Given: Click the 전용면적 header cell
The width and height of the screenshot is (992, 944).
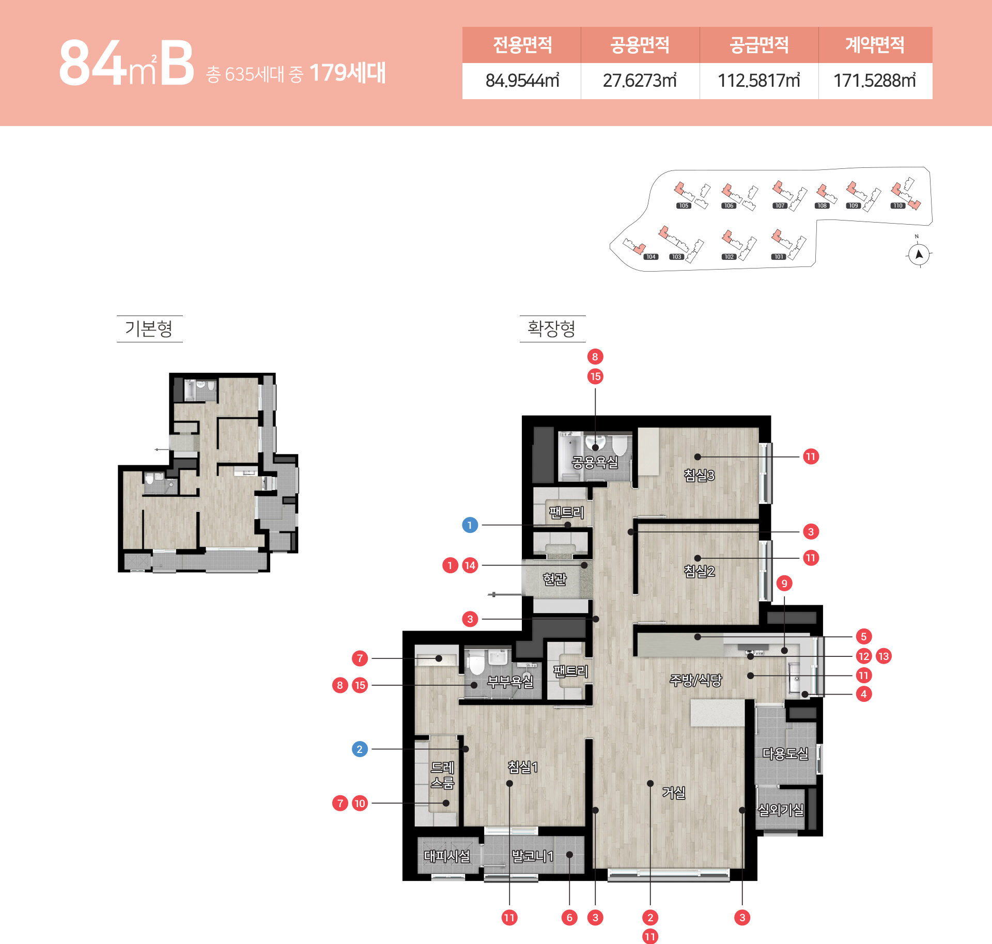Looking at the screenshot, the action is tap(522, 45).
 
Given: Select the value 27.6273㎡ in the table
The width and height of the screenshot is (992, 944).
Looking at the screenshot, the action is tap(640, 81).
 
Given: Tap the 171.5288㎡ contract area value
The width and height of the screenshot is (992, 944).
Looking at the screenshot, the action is tap(875, 81).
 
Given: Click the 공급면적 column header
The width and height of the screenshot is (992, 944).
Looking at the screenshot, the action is tap(759, 45).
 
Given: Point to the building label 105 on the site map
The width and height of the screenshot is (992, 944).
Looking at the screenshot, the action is tap(684, 206).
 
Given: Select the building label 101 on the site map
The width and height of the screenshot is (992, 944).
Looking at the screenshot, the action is tap(779, 257).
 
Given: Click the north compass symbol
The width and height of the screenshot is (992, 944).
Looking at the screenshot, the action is tap(919, 254).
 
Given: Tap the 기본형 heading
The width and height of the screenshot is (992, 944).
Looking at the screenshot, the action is tap(149, 328).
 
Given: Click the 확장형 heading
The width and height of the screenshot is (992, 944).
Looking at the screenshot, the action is tap(551, 328).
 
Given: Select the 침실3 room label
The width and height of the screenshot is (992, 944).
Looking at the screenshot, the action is tap(699, 475).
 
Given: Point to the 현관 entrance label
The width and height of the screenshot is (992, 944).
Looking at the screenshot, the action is tap(554, 579).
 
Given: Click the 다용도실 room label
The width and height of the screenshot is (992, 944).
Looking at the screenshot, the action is tap(785, 753).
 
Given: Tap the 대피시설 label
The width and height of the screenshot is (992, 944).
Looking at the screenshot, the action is tap(447, 856).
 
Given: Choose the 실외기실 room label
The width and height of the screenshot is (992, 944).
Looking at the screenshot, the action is tap(781, 810).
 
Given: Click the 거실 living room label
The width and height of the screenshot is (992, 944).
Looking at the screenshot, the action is tap(674, 792).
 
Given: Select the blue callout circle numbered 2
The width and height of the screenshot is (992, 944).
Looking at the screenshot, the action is tap(360, 749).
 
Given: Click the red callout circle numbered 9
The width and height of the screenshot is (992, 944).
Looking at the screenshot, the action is tap(784, 584).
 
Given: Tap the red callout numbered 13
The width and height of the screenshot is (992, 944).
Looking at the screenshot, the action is tap(884, 656).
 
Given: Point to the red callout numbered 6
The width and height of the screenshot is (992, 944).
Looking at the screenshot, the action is tap(569, 918).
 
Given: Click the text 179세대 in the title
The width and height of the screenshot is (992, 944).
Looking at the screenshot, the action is tap(347, 73).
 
